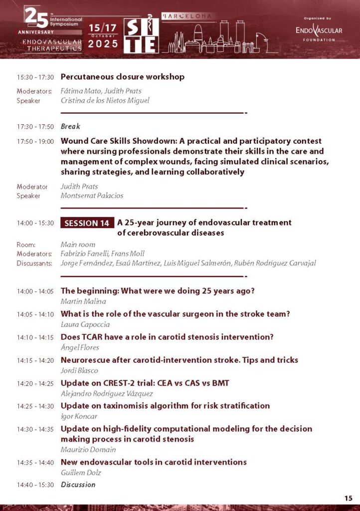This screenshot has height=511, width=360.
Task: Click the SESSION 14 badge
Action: tap(87, 223)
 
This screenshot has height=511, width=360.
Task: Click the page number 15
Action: tap(348, 498)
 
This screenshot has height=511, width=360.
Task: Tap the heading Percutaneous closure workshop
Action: tap(122, 77)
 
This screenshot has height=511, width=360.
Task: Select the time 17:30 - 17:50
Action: tap(35, 127)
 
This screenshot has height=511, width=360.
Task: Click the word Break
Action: tap(70, 127)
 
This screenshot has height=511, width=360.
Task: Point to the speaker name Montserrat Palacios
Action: tap(92, 196)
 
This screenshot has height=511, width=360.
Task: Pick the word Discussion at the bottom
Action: tap(78, 485)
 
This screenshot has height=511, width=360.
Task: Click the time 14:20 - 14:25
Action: tap(35, 383)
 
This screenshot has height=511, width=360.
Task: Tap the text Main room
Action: tap(78, 245)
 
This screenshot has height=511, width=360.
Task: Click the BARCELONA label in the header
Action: tap(187, 16)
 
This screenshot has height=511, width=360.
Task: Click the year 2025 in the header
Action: tap(103, 44)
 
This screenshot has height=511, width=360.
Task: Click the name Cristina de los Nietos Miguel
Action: tap(105, 100)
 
